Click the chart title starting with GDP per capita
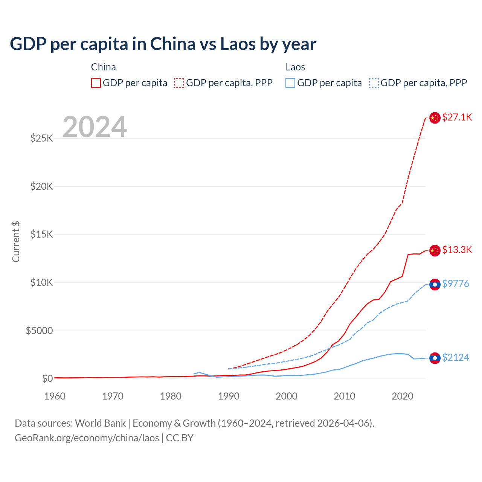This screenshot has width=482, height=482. (x=163, y=44)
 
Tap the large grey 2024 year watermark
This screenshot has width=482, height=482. (x=95, y=127)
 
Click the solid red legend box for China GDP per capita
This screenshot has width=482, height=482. (x=96, y=83)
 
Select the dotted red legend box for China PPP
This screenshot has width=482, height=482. (x=179, y=83)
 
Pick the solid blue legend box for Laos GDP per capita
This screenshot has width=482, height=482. (x=290, y=83)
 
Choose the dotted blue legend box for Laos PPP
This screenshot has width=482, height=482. (x=374, y=83)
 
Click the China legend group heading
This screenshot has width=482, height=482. (x=103, y=67)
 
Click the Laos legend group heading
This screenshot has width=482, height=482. (x=295, y=67)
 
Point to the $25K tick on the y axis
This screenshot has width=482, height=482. (x=41, y=138)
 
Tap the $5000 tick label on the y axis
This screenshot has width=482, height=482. (x=39, y=331)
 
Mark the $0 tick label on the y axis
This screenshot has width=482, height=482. (x=47, y=378)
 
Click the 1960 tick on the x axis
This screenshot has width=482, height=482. (x=55, y=396)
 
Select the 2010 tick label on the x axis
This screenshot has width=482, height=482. (x=344, y=396)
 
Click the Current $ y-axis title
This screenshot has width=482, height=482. (x=16, y=241)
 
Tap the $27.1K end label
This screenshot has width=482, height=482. (x=457, y=117)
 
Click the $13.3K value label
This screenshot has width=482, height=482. (x=457, y=250)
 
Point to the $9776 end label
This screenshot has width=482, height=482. (x=455, y=284)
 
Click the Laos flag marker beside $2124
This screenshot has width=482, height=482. (x=435, y=358)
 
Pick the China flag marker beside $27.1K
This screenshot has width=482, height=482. (x=435, y=118)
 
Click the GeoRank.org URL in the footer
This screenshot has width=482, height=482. (x=87, y=438)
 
